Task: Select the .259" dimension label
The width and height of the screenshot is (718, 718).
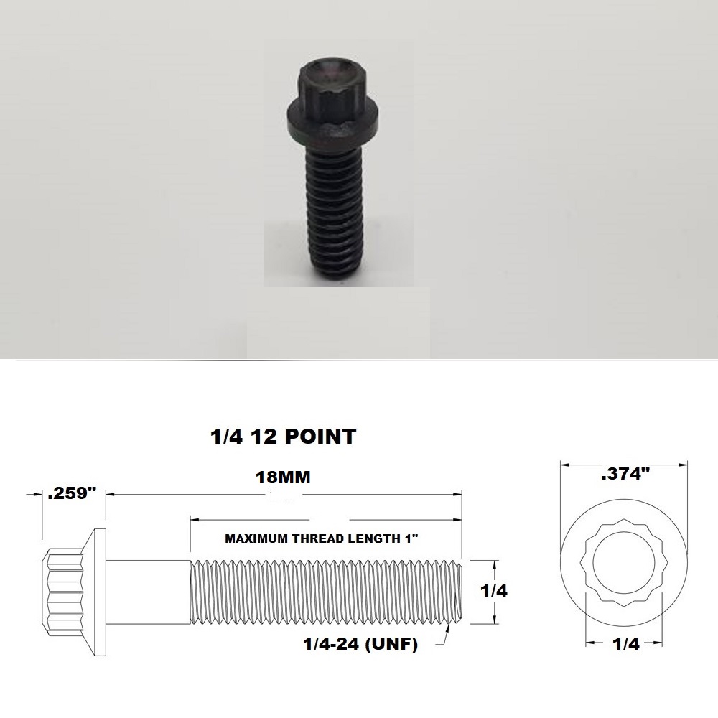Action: [x=72, y=495]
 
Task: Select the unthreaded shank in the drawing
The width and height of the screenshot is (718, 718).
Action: [x=149, y=590]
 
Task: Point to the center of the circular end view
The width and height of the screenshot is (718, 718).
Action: [x=623, y=567]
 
